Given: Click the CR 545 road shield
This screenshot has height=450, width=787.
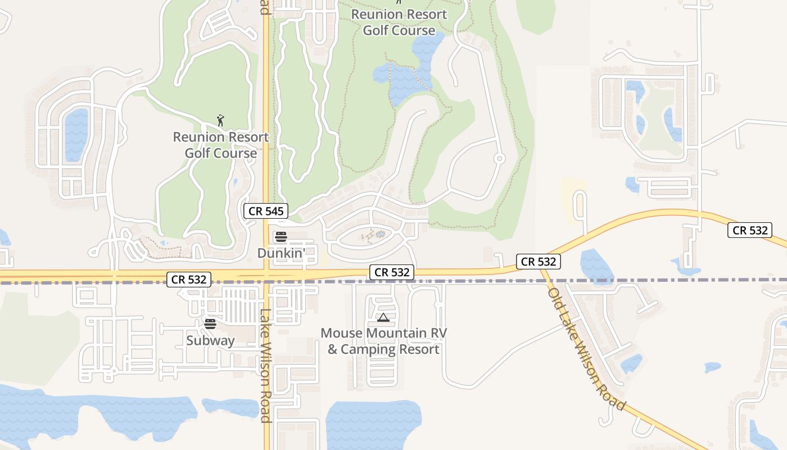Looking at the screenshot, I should click(266, 211).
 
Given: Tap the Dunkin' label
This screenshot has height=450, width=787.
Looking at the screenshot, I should click(281, 253).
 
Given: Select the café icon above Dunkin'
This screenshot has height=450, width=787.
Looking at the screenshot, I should click(281, 237).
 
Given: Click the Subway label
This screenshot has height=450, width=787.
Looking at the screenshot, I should click(210, 340).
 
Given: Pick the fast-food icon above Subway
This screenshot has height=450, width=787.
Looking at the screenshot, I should click(210, 324).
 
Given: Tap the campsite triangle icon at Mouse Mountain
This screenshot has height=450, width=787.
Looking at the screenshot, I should click(383, 318).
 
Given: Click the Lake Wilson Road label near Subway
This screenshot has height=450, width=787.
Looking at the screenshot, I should click(266, 366).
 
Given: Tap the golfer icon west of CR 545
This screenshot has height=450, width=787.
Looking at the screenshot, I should click(220, 120).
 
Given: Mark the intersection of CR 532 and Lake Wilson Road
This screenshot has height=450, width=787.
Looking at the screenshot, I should click(266, 276).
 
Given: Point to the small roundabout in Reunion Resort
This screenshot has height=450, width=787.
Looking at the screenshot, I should click(499, 159).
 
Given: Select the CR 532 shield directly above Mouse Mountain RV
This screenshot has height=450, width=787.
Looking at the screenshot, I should click(392, 272).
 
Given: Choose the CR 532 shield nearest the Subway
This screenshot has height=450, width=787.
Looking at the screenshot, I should click(189, 279).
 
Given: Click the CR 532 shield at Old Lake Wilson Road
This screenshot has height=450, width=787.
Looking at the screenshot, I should click(539, 261).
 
